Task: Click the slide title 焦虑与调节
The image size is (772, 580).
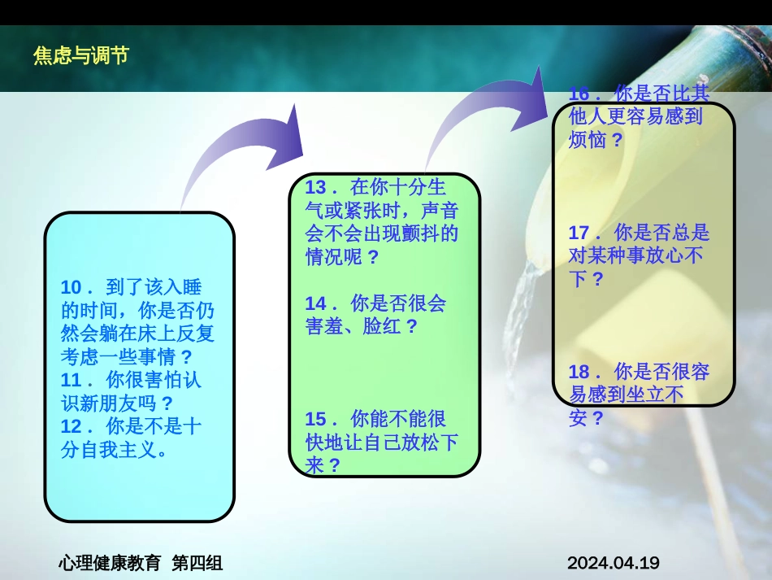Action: pyautogui.click(x=81, y=55)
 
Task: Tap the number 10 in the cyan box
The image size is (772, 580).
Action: pyautogui.click(x=71, y=287)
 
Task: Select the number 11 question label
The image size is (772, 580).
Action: pyautogui.click(x=71, y=381)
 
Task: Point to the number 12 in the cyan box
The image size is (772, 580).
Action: pyautogui.click(x=71, y=427)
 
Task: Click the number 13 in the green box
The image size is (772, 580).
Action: pyautogui.click(x=315, y=188)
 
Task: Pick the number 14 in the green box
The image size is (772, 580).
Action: pyautogui.click(x=315, y=303)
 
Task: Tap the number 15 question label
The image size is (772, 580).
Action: pyautogui.click(x=315, y=420)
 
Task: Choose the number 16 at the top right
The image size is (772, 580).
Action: pyautogui.click(x=579, y=94)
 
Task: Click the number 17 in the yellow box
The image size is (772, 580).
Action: pyautogui.click(x=579, y=233)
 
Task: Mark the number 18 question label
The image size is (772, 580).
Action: pyautogui.click(x=579, y=372)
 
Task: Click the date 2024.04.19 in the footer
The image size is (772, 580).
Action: pyautogui.click(x=614, y=563)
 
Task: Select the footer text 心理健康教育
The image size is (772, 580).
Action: pyautogui.click(x=110, y=563)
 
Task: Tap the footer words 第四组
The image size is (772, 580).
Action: pyautogui.click(x=197, y=563)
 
